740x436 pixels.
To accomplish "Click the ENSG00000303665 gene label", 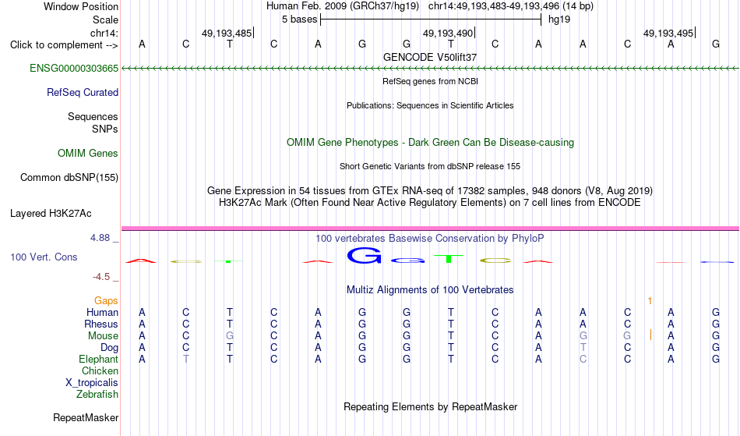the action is click(74, 69).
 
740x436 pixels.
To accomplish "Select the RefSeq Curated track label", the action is click(83, 93).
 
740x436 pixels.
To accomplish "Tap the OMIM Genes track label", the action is click(88, 154).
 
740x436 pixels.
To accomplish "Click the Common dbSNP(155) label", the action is click(69, 178).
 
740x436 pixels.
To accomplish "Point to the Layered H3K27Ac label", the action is click(51, 214).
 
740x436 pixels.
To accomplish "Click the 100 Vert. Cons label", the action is click(44, 257).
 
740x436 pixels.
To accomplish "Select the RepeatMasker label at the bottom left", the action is click(86, 417).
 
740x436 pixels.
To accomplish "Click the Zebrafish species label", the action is click(97, 395).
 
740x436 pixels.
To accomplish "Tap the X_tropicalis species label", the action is click(92, 383).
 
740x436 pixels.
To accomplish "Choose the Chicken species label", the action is click(100, 370).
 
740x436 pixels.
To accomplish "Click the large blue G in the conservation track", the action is click(364, 256).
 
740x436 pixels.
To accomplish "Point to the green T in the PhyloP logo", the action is click(449, 258).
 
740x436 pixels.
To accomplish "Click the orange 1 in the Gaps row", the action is click(650, 301).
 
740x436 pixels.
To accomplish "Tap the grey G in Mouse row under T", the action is click(230, 336).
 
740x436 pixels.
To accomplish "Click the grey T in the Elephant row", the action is click(186, 360).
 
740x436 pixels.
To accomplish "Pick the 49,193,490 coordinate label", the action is click(448, 33).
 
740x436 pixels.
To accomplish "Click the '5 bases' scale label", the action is click(300, 19).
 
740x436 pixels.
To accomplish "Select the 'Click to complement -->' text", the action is click(64, 45).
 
